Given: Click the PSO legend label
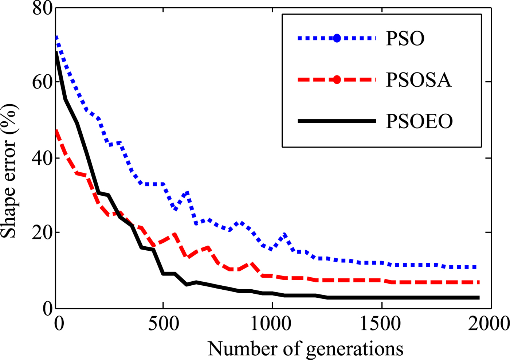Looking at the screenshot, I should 405,38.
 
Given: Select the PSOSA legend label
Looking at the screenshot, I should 419,80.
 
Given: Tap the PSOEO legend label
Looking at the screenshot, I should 419,121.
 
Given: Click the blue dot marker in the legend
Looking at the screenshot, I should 337,38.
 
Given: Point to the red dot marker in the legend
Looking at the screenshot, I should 337,79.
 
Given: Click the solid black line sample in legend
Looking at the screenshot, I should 337,121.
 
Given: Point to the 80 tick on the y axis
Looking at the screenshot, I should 41,8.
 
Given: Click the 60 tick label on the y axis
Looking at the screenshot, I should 41,82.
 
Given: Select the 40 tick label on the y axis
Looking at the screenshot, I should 41,158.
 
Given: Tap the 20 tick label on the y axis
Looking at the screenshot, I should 41,232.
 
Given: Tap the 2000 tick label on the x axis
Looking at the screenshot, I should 488,322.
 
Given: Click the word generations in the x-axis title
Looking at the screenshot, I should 354,349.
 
